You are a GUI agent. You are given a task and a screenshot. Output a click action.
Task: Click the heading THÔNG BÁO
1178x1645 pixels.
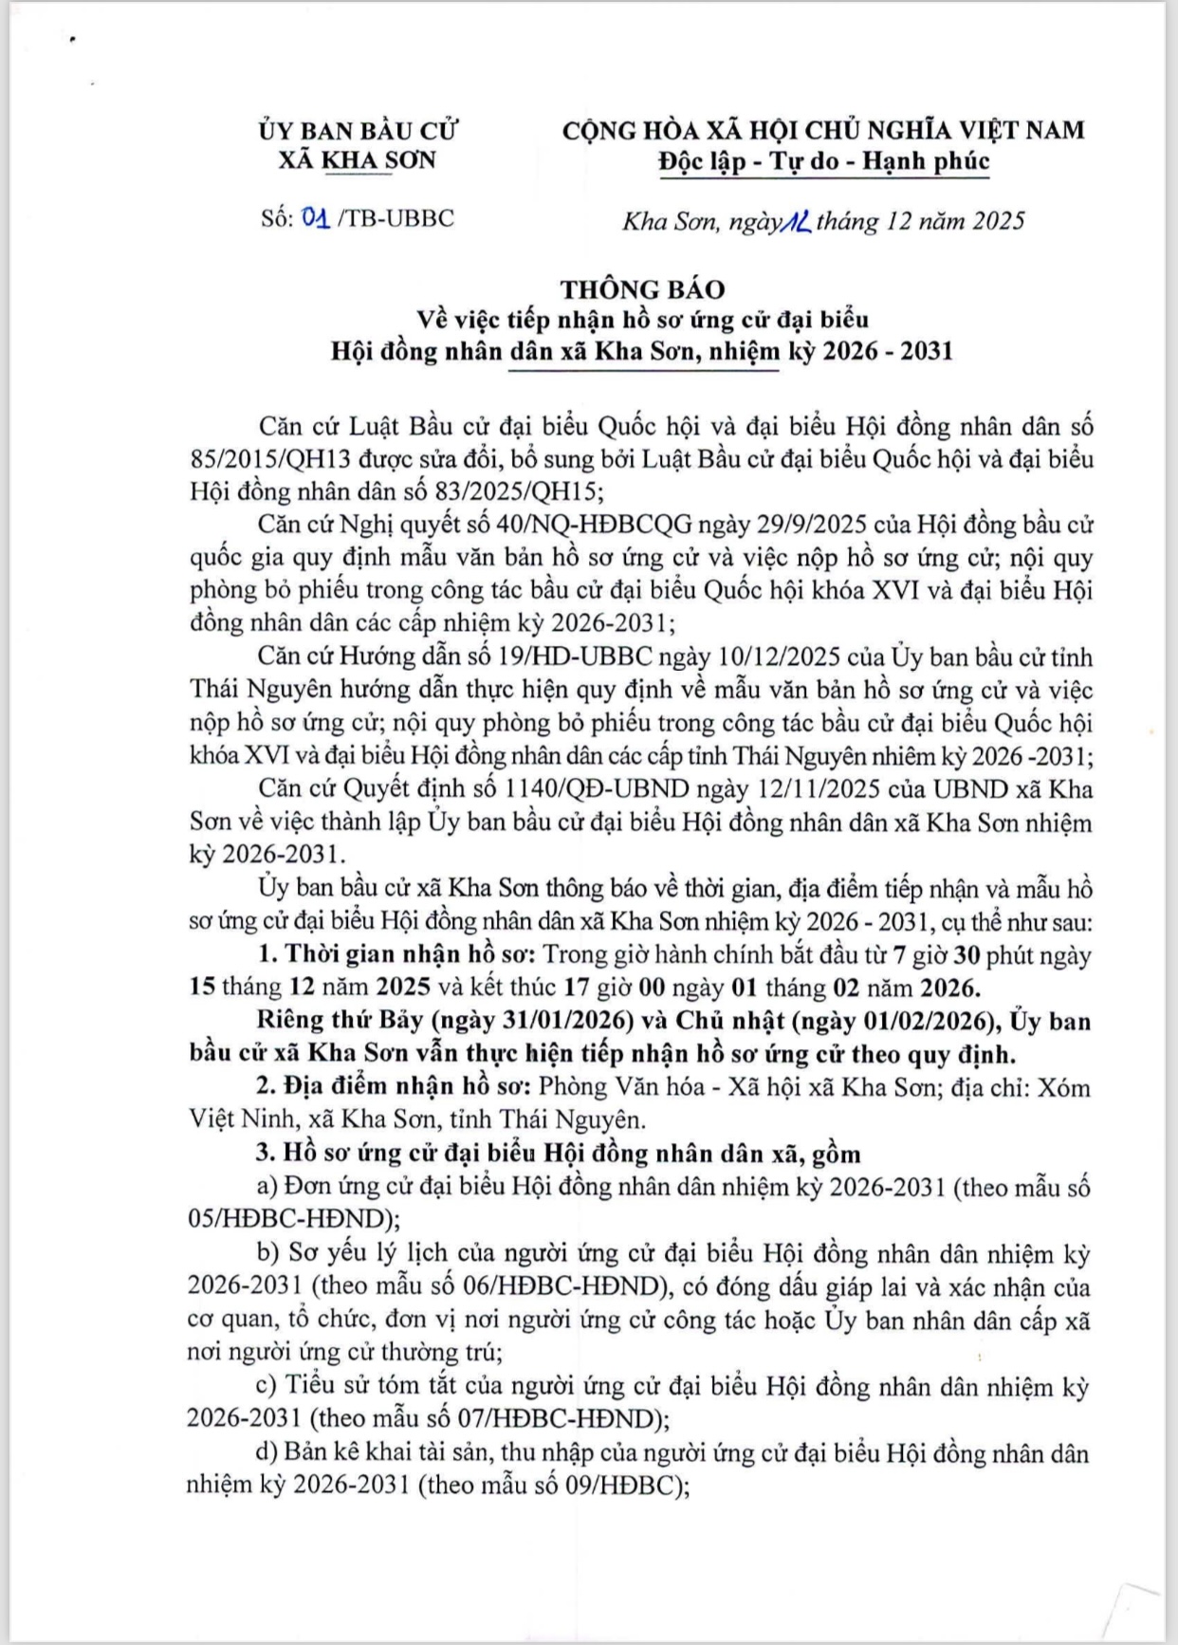641,289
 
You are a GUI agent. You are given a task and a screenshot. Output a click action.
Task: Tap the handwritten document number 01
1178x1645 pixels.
316,218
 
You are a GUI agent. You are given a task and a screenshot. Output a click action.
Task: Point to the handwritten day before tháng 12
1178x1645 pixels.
794,221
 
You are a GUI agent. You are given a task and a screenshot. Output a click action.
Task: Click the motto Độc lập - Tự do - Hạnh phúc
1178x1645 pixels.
824,161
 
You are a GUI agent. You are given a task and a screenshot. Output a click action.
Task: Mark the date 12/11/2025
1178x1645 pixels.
786,789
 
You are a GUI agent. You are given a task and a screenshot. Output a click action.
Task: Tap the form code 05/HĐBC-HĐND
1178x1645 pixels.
287,1218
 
